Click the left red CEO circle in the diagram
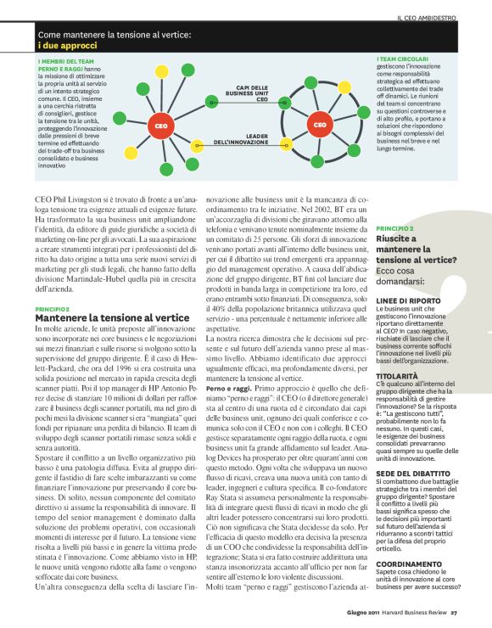(160, 126)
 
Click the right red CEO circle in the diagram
(320, 126)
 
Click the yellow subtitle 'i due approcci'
(66, 45)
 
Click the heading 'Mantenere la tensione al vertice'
(106, 317)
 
